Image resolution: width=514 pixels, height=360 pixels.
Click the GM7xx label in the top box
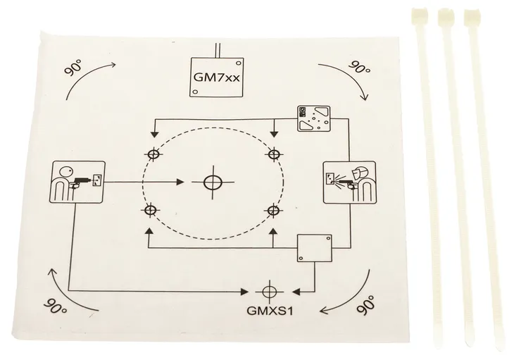[217, 77]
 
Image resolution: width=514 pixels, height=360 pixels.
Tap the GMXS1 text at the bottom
[270, 311]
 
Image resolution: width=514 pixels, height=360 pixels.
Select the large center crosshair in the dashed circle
[213, 182]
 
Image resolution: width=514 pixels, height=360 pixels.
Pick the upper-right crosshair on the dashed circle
[274, 154]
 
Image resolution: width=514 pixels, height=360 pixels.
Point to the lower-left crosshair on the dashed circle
[150, 211]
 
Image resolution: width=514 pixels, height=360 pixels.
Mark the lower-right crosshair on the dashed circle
[273, 211]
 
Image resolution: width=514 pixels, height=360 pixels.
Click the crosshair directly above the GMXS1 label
[270, 291]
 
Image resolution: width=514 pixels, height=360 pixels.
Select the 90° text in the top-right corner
[360, 67]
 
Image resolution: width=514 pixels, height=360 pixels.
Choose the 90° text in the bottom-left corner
[56, 305]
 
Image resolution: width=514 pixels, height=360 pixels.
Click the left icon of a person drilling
[78, 182]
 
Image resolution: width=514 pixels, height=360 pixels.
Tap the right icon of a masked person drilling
[349, 182]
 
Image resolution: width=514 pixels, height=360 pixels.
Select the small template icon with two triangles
[313, 118]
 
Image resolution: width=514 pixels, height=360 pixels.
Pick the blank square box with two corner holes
[314, 248]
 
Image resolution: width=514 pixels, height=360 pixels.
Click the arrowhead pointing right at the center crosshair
[180, 182]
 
